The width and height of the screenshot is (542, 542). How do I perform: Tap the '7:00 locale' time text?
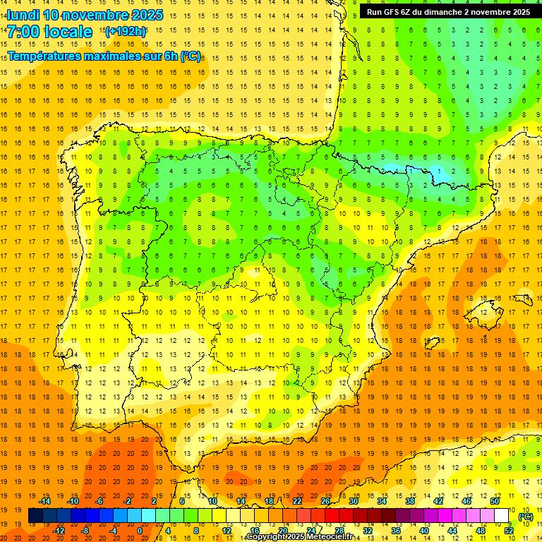[49, 32]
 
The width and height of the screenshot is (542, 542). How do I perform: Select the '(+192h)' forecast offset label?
[125, 32]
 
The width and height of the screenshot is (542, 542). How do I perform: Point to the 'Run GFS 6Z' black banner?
[448, 12]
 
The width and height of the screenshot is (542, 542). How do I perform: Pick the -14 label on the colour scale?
[44, 501]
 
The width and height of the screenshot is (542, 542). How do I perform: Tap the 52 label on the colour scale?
[509, 531]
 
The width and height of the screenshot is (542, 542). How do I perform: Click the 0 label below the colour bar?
[140, 531]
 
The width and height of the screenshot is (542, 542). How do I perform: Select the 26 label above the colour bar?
[325, 501]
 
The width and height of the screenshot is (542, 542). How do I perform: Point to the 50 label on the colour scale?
[495, 501]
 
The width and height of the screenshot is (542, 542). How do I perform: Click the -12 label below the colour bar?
[59, 531]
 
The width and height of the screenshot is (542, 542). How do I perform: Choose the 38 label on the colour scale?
[410, 501]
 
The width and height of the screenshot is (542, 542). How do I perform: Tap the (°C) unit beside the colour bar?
[526, 516]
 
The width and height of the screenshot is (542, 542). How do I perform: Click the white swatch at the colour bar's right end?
[502, 516]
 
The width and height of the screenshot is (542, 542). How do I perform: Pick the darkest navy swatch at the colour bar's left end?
[35, 516]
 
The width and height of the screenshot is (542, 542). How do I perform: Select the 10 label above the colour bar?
[212, 501]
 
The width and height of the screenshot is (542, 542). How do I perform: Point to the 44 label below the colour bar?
[452, 531]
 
